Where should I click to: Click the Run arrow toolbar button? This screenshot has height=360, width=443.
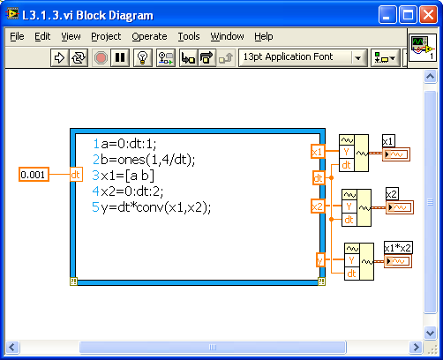tap(60, 57)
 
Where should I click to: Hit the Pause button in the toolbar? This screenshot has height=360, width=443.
tap(120, 57)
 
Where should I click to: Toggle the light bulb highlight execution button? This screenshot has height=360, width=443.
tap(143, 57)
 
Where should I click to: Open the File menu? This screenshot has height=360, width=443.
tap(17, 36)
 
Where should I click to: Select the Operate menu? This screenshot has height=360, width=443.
tap(149, 36)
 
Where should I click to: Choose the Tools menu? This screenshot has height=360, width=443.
tap(189, 36)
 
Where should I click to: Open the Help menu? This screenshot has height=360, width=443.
tap(264, 36)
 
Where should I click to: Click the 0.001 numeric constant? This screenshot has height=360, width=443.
tap(34, 175)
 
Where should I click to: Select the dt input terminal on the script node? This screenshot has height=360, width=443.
tap(76, 175)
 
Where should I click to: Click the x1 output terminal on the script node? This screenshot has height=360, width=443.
tap(318, 152)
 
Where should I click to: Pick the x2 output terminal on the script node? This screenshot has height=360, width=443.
tap(318, 206)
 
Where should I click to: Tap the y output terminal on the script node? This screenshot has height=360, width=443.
tap(320, 260)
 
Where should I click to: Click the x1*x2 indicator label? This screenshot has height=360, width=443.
tap(398, 248)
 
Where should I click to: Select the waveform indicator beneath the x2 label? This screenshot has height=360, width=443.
tap(399, 207)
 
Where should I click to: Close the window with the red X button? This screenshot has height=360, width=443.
tap(428, 14)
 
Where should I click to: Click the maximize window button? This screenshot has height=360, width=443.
tap(408, 14)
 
